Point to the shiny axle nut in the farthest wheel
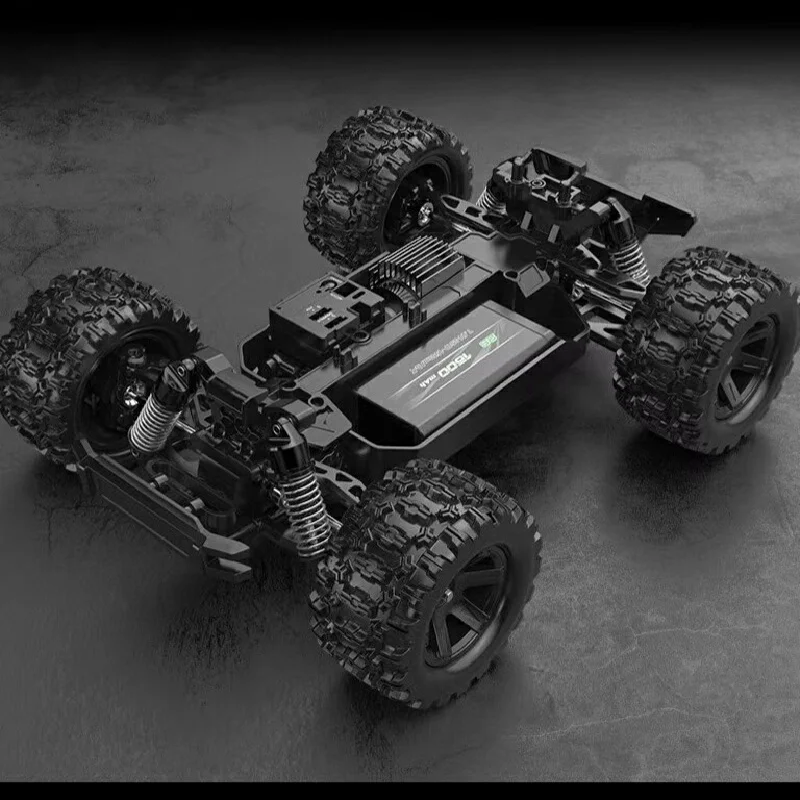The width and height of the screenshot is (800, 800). (x=425, y=212)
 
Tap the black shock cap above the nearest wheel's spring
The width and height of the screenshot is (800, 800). (x=286, y=436)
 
